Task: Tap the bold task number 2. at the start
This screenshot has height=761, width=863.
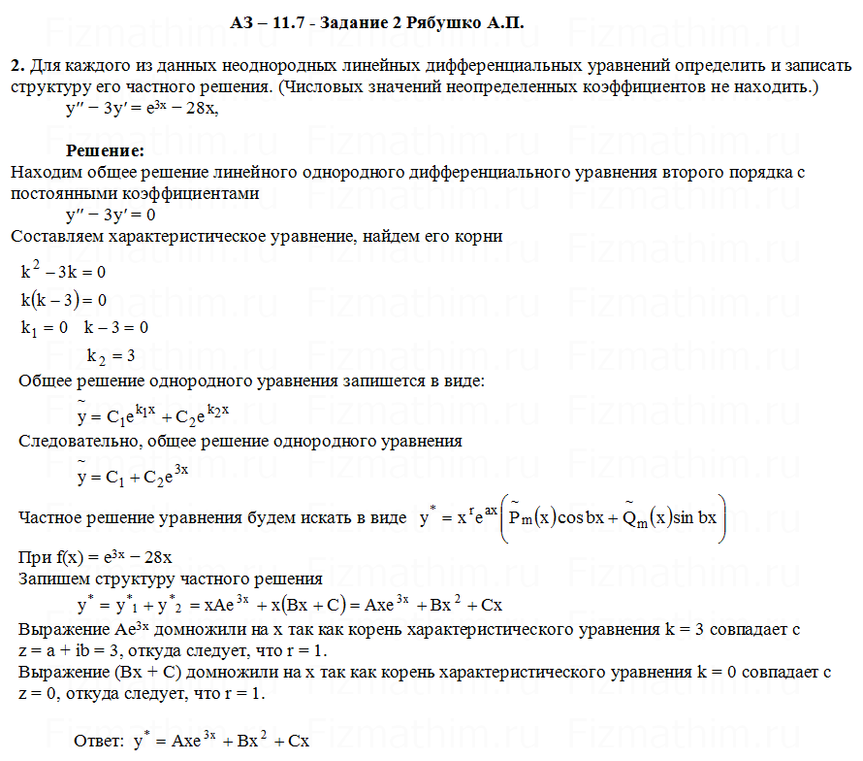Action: click(x=16, y=66)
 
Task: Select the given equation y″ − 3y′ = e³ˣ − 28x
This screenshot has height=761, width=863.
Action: click(x=142, y=109)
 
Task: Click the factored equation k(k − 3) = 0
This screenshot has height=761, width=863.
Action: click(x=63, y=299)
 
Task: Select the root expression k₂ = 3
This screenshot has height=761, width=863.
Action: click(x=111, y=355)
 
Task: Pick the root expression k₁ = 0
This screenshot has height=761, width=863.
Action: click(x=45, y=327)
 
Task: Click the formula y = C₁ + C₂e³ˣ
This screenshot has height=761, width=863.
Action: click(x=132, y=476)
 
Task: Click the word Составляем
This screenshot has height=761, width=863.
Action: click(x=56, y=236)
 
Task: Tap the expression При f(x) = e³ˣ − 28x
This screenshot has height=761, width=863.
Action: click(x=96, y=558)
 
